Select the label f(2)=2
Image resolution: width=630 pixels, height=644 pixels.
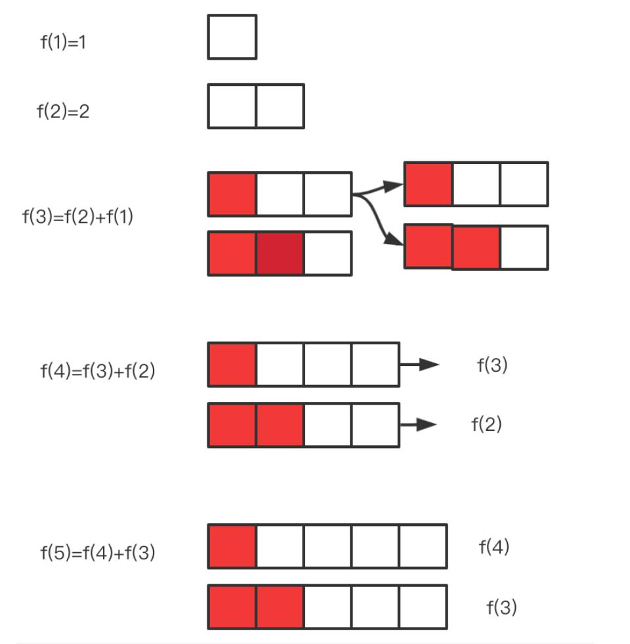pyautogui.click(x=63, y=111)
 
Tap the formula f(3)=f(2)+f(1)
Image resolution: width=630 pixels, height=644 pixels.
pyautogui.click(x=78, y=216)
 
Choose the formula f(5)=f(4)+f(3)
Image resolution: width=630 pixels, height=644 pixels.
pyautogui.click(x=98, y=553)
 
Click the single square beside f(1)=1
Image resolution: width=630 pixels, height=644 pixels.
pyautogui.click(x=232, y=37)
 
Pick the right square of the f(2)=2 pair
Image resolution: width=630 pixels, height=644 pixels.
pyautogui.click(x=280, y=106)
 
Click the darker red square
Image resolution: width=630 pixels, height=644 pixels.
pyautogui.click(x=280, y=253)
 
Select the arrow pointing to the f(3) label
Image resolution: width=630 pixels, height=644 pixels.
pyautogui.click(x=420, y=365)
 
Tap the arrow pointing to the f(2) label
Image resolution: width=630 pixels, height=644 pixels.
pyautogui.click(x=419, y=425)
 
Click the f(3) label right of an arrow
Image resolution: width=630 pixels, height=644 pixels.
pyautogui.click(x=492, y=365)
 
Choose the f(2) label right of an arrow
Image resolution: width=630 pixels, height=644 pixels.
pyautogui.click(x=486, y=425)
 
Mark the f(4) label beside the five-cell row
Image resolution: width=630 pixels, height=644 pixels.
pyautogui.click(x=494, y=547)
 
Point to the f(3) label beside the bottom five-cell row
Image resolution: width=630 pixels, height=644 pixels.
pyautogui.click(x=501, y=608)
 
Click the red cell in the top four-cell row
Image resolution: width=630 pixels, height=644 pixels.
pyautogui.click(x=232, y=364)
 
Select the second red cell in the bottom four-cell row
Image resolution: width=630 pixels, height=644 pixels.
pyautogui.click(x=280, y=425)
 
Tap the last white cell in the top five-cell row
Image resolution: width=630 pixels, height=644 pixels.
pyautogui.click(x=423, y=546)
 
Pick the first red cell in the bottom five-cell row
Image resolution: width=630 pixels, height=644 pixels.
pyautogui.click(x=232, y=607)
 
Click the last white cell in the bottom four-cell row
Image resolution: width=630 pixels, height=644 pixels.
pyautogui.click(x=375, y=425)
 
